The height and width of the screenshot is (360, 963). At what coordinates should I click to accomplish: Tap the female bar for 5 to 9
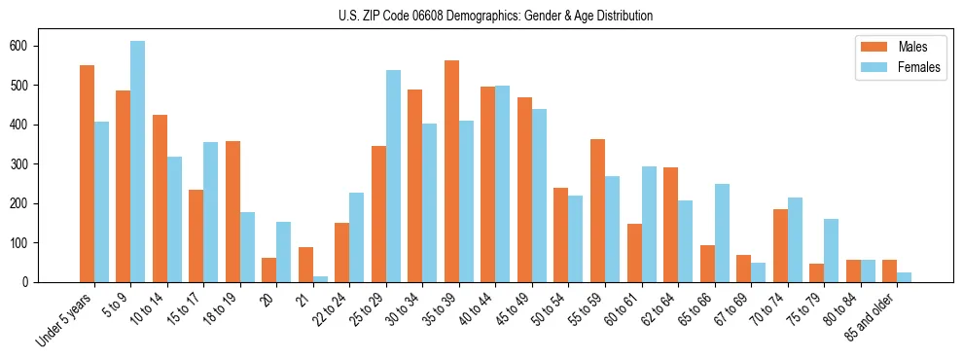[137, 162]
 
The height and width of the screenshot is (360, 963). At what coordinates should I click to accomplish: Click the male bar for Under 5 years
[87, 173]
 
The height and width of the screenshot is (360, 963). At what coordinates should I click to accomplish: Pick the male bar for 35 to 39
[451, 171]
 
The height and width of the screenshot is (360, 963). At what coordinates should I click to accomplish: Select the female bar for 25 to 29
[393, 176]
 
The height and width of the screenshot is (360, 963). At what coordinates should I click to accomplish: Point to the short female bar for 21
[320, 278]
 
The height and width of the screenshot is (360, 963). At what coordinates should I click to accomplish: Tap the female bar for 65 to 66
[722, 233]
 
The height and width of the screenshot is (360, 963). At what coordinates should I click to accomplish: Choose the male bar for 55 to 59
[597, 210]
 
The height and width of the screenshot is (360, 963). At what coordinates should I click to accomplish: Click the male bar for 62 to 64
[670, 225]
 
